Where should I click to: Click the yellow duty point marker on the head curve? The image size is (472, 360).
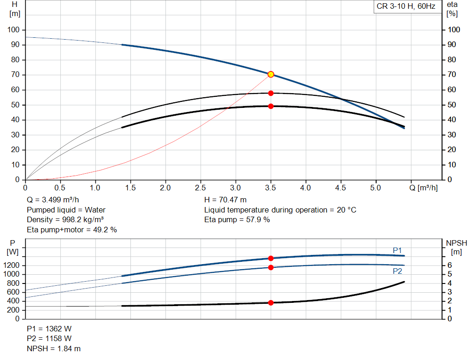coord(271,74)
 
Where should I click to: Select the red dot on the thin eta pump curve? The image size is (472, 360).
coord(271,93)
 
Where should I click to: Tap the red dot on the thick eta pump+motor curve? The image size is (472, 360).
coord(271,106)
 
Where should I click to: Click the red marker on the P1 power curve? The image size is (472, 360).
coord(271,258)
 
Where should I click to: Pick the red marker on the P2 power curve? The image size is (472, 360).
coord(271,267)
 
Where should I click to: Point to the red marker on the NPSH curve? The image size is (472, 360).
coord(271,302)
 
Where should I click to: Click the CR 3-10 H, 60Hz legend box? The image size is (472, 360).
coord(406,6)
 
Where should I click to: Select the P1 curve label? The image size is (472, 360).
coord(397,250)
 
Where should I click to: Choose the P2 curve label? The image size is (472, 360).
coord(397,271)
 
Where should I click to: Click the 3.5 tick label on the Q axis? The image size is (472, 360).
coord(270,188)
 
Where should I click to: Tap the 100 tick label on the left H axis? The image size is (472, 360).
coord(13,30)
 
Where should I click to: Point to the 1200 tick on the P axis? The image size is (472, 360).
coord(11,265)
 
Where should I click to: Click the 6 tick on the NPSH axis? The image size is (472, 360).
coord(449,265)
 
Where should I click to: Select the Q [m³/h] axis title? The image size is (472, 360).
coord(423,188)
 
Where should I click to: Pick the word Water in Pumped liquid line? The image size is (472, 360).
coord(95,210)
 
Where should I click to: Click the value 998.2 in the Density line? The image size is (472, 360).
coord(71,220)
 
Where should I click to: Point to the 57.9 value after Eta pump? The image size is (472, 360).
coord(254,220)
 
